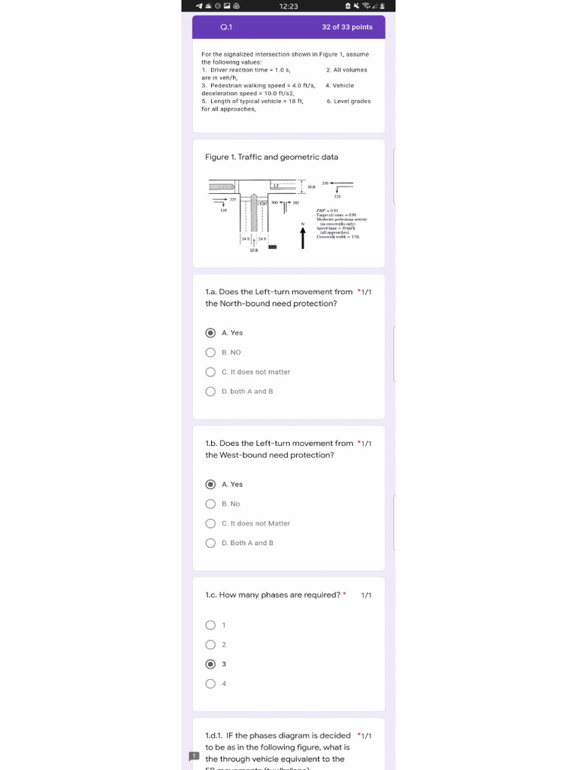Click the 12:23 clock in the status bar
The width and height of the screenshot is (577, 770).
click(288, 6)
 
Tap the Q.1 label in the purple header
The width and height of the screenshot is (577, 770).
click(226, 27)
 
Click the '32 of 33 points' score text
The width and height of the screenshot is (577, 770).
click(347, 27)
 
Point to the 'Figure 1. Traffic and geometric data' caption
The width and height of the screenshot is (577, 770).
click(271, 157)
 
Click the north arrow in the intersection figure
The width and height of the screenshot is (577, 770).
click(303, 237)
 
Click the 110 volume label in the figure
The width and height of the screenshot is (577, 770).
click(223, 211)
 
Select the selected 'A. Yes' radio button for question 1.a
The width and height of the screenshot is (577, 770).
click(210, 332)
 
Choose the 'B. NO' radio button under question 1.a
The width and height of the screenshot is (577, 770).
click(210, 352)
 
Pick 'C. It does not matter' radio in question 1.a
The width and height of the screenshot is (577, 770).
click(210, 371)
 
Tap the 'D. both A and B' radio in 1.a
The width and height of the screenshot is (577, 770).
click(210, 391)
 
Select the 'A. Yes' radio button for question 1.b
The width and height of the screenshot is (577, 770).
click(210, 484)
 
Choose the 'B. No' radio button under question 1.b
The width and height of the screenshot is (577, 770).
click(210, 504)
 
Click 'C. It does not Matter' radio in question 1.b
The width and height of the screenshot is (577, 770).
click(210, 523)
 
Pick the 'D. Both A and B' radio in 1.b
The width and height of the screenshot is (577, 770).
click(210, 543)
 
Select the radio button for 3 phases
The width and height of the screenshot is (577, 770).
click(210, 664)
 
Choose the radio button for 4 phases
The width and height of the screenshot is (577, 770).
click(210, 684)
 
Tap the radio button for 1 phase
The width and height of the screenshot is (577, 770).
click(210, 625)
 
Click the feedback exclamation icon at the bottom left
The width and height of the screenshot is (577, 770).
click(194, 756)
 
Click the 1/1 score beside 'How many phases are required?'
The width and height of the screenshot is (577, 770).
click(366, 595)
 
